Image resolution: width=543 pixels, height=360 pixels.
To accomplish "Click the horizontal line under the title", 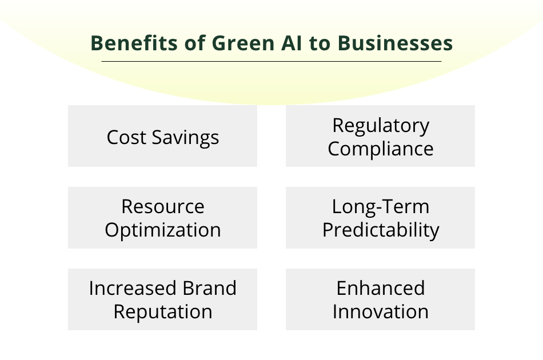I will tap(271, 61).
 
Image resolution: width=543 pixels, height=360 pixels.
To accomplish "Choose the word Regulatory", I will tap(381, 126).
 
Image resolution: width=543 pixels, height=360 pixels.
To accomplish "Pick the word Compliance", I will tap(381, 149).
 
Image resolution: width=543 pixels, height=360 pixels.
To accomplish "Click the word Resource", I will tap(163, 206).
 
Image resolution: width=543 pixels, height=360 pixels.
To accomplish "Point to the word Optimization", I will tap(163, 230).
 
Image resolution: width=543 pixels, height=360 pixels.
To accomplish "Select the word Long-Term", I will tap(381, 206).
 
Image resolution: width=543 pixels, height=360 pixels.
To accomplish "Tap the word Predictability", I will tap(381, 230).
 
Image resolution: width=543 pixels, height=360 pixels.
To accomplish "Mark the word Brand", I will tap(210, 288).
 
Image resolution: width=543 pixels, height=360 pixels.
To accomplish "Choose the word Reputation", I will tap(163, 312).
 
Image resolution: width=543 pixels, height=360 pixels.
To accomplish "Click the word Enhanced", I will tap(381, 288).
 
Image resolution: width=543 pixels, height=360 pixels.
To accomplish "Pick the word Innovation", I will tap(381, 312).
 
